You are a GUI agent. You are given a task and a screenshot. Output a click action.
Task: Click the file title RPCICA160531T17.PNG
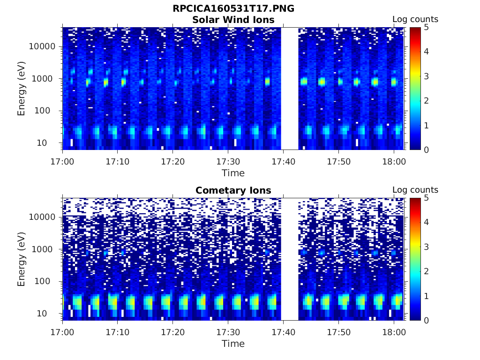click(x=233, y=9)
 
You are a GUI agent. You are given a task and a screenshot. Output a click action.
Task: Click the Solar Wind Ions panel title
click(x=233, y=20)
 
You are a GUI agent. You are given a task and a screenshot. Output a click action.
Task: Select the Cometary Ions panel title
click(x=233, y=190)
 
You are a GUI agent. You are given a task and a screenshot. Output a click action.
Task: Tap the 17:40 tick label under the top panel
click(x=283, y=162)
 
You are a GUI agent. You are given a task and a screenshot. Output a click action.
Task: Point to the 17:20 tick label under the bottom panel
click(x=173, y=332)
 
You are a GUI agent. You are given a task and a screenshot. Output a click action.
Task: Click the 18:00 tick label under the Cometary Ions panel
click(x=394, y=332)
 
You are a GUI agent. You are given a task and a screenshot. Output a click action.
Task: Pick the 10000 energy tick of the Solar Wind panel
click(x=42, y=46)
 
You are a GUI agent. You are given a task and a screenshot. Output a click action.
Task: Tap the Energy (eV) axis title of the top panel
click(x=22, y=89)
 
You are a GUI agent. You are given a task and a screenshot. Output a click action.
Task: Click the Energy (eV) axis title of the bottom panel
click(x=22, y=259)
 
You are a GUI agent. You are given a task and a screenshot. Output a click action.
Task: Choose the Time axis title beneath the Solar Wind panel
click(x=233, y=173)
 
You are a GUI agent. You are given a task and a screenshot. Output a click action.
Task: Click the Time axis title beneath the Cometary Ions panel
click(x=233, y=344)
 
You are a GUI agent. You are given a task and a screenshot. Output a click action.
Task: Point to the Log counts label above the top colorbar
click(x=415, y=19)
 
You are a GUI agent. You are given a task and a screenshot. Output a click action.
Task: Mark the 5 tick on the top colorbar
click(x=426, y=28)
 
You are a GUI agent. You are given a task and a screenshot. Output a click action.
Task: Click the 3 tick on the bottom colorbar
click(x=426, y=247)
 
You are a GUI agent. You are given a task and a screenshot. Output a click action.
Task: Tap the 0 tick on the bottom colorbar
click(x=426, y=320)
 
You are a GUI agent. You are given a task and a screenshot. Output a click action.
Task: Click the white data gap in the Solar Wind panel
click(x=290, y=89)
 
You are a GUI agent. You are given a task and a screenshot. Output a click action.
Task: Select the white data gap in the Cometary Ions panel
click(x=290, y=259)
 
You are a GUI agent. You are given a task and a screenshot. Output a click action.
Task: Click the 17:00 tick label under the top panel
click(x=63, y=162)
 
